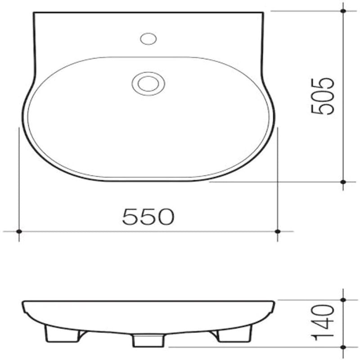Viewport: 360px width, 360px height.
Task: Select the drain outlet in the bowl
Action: [148, 83]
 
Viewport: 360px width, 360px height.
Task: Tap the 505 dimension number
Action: [324, 96]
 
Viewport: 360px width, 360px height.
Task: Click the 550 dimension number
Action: [148, 217]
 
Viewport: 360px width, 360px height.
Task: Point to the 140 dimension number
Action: [324, 323]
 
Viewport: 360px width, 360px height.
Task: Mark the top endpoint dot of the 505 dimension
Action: [343, 11]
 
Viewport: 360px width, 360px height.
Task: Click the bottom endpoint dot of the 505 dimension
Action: [343, 182]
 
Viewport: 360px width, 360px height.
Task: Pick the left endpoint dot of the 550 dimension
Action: [19, 231]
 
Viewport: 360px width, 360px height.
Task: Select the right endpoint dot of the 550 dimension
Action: [278, 231]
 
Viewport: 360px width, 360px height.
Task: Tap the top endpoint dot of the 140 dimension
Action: [343, 300]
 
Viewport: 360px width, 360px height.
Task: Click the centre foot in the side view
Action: [148, 341]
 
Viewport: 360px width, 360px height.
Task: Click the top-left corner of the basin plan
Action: [35, 13]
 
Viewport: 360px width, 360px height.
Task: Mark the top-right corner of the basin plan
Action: [262, 13]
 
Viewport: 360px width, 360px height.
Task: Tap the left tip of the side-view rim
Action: [23, 303]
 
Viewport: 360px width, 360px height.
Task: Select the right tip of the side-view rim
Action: [273, 303]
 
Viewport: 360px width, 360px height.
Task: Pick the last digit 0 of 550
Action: [165, 217]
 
